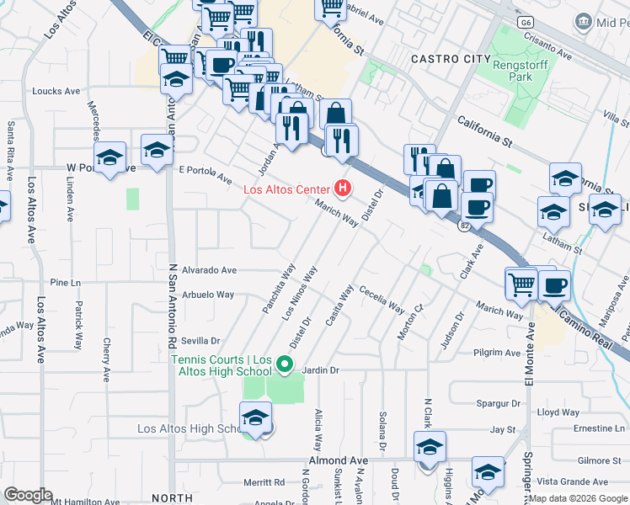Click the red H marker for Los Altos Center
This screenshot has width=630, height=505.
click(343, 187)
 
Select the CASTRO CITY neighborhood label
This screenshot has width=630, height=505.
click(450, 59)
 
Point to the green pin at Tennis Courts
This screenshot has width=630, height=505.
click(285, 365)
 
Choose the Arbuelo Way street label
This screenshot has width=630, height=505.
click(207, 295)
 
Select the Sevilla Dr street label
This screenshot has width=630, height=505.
click(200, 341)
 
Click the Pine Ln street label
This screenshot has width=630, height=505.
click(64, 283)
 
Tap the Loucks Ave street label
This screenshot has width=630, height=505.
click(56, 90)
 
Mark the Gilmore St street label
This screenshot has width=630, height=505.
click(599, 460)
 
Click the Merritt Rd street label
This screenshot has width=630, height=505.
click(264, 482)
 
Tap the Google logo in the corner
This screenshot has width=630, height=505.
click(28, 495)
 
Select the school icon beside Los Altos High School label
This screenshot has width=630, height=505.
click(255, 416)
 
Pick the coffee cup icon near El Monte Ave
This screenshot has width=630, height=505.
click(553, 286)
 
